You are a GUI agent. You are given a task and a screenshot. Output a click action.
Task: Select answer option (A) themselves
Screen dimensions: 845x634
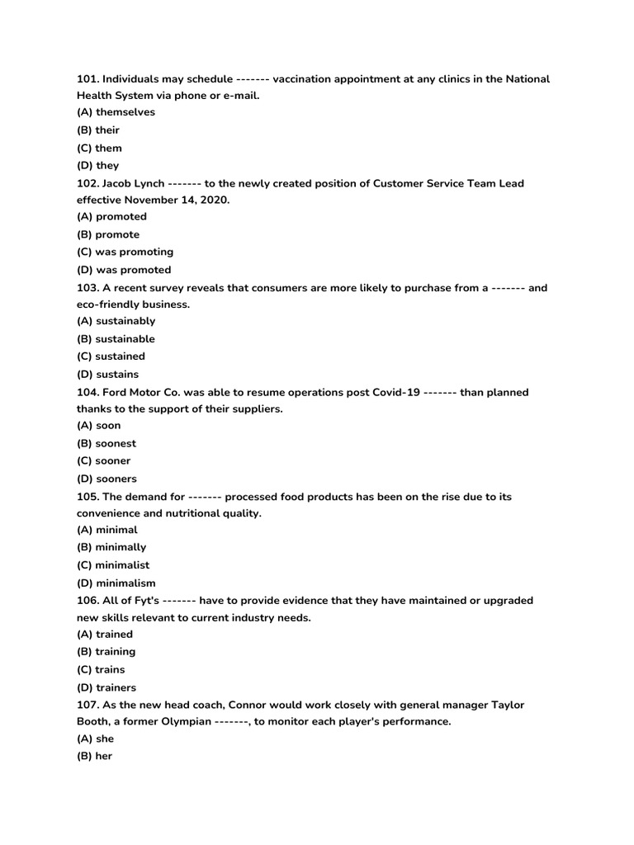tap(116, 112)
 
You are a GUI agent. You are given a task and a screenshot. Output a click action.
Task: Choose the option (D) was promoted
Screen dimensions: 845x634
tap(125, 270)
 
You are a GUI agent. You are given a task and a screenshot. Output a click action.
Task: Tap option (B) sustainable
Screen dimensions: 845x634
tap(116, 339)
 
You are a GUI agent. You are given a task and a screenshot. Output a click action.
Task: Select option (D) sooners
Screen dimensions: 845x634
tap(107, 479)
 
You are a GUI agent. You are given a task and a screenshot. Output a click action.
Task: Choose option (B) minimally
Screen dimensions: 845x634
tap(111, 547)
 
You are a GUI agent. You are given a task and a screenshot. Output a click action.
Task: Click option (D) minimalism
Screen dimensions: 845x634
tap(116, 583)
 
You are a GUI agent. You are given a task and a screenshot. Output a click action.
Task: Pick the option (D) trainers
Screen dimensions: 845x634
tap(106, 687)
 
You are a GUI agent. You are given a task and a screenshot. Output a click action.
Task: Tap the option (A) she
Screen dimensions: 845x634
tap(95, 739)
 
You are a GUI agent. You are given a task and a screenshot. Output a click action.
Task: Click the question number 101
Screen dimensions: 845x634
tap(88, 79)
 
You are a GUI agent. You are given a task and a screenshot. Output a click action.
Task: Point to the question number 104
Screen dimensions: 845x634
tap(88, 392)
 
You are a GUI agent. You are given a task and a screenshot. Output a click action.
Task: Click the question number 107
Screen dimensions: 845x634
tap(88, 705)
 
